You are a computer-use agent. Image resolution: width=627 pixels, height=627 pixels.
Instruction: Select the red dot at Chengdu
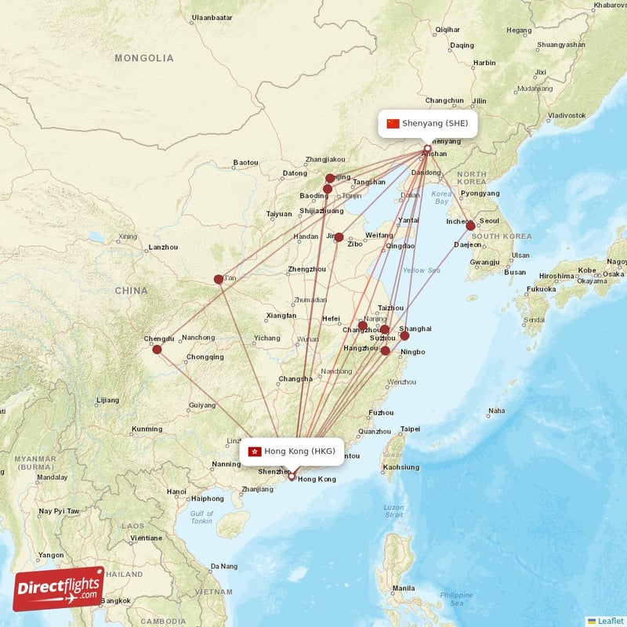pyautogui.click(x=157, y=350)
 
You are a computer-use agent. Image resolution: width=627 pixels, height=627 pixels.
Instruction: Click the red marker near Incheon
pyautogui.click(x=470, y=226)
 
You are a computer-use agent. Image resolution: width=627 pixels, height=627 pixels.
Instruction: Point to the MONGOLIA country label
pyautogui.click(x=144, y=58)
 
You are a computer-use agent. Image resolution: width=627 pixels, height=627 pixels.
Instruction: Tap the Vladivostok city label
pyautogui.click(x=567, y=115)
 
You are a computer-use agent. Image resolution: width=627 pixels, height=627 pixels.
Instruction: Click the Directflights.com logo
pyautogui.click(x=59, y=589)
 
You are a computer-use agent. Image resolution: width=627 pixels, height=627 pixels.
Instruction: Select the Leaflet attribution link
pyautogui.click(x=610, y=621)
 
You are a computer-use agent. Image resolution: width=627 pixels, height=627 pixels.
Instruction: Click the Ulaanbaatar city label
pyautogui.click(x=212, y=17)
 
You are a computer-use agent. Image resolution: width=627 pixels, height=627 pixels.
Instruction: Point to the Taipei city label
pyautogui.click(x=410, y=429)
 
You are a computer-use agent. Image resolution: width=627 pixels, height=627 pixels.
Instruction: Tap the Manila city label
pyautogui.click(x=404, y=588)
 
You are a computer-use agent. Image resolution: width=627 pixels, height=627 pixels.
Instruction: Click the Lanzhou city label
pyautogui.click(x=162, y=248)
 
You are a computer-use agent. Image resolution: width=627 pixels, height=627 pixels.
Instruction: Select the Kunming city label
pyautogui.click(x=147, y=429)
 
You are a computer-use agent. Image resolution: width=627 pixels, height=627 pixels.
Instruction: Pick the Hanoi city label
pyautogui.click(x=176, y=491)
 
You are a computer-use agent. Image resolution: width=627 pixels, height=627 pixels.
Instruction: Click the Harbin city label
pyautogui.click(x=484, y=63)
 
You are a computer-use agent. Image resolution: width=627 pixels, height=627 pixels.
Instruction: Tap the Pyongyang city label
pyautogui.click(x=480, y=194)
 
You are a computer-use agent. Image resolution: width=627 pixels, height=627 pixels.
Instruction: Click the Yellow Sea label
pyautogui.click(x=422, y=270)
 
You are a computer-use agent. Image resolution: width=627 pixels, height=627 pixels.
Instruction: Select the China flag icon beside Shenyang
pyautogui.click(x=393, y=124)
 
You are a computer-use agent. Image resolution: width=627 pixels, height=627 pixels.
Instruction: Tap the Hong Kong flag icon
pyautogui.click(x=254, y=451)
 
